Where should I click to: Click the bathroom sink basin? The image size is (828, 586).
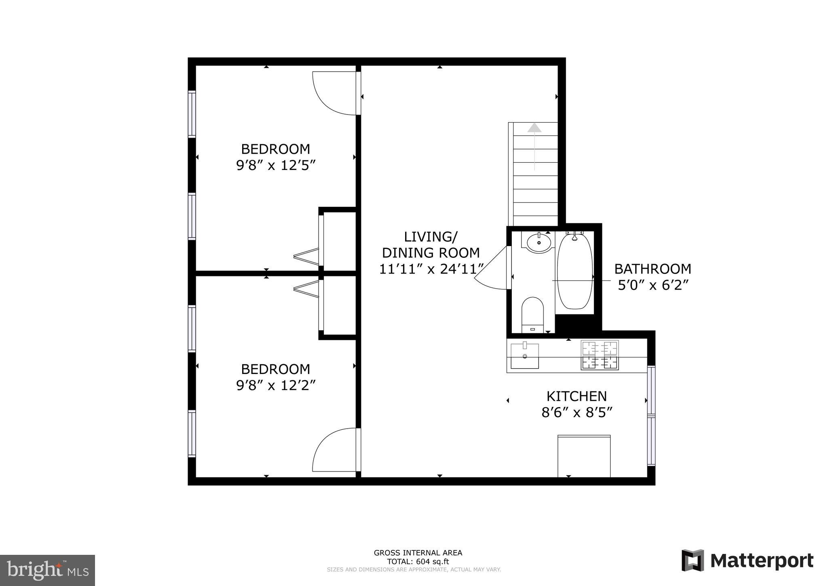[x=539, y=243]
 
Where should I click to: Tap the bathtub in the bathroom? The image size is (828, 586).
[x=575, y=272]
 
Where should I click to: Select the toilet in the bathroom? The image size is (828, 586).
[x=532, y=314]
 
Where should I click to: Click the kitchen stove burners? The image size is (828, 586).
[x=600, y=355]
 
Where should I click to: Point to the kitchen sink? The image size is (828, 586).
[x=524, y=356]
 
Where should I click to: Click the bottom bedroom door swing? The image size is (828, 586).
[x=334, y=450]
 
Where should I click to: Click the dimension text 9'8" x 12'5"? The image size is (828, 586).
[x=275, y=166]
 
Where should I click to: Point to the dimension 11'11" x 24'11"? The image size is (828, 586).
[x=431, y=269]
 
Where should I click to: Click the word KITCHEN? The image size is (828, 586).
[x=577, y=396]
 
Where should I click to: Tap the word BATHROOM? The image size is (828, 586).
[x=653, y=269]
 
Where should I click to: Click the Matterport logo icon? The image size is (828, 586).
[x=693, y=561]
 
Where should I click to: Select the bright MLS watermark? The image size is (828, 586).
[x=47, y=570]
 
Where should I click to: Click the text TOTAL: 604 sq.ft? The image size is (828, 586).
[x=418, y=562]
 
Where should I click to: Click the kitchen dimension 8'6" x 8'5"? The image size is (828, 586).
[x=577, y=412]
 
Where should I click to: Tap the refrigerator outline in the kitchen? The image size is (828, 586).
[x=584, y=456]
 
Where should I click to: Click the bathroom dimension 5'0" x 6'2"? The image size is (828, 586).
[x=653, y=285]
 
